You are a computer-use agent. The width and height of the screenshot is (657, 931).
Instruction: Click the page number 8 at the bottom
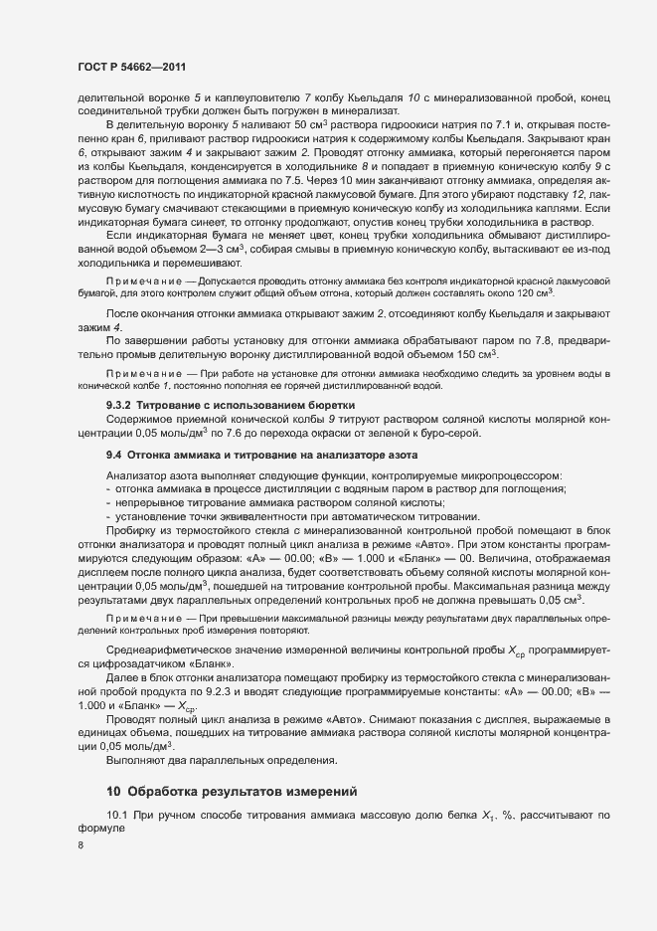[80, 845]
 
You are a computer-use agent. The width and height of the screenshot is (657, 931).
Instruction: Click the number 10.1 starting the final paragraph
[117, 816]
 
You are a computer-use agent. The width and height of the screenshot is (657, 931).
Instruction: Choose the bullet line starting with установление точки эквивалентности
[298, 517]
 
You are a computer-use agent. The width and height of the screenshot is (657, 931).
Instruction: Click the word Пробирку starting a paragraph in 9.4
[131, 533]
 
